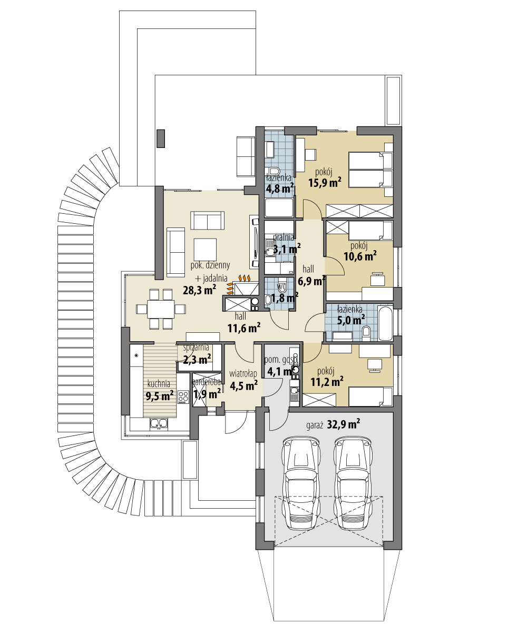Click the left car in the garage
(302, 482)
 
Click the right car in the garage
(354, 482)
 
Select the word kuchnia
(159, 383)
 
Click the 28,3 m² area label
(200, 289)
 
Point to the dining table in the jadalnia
(161, 310)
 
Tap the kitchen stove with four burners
(183, 397)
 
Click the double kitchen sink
(158, 422)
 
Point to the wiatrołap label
(243, 374)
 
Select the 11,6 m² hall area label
(245, 328)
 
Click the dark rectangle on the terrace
(161, 138)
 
